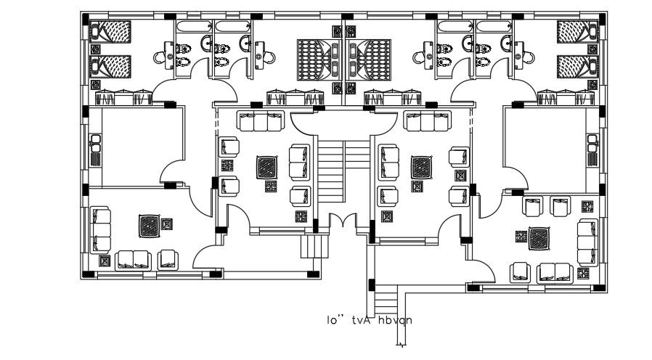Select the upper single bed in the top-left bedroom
pyautogui.click(x=113, y=33)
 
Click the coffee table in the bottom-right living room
pyautogui.click(x=539, y=237)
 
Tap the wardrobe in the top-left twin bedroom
pyautogui.click(x=123, y=97)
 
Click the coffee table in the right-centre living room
pyautogui.click(x=420, y=168)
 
